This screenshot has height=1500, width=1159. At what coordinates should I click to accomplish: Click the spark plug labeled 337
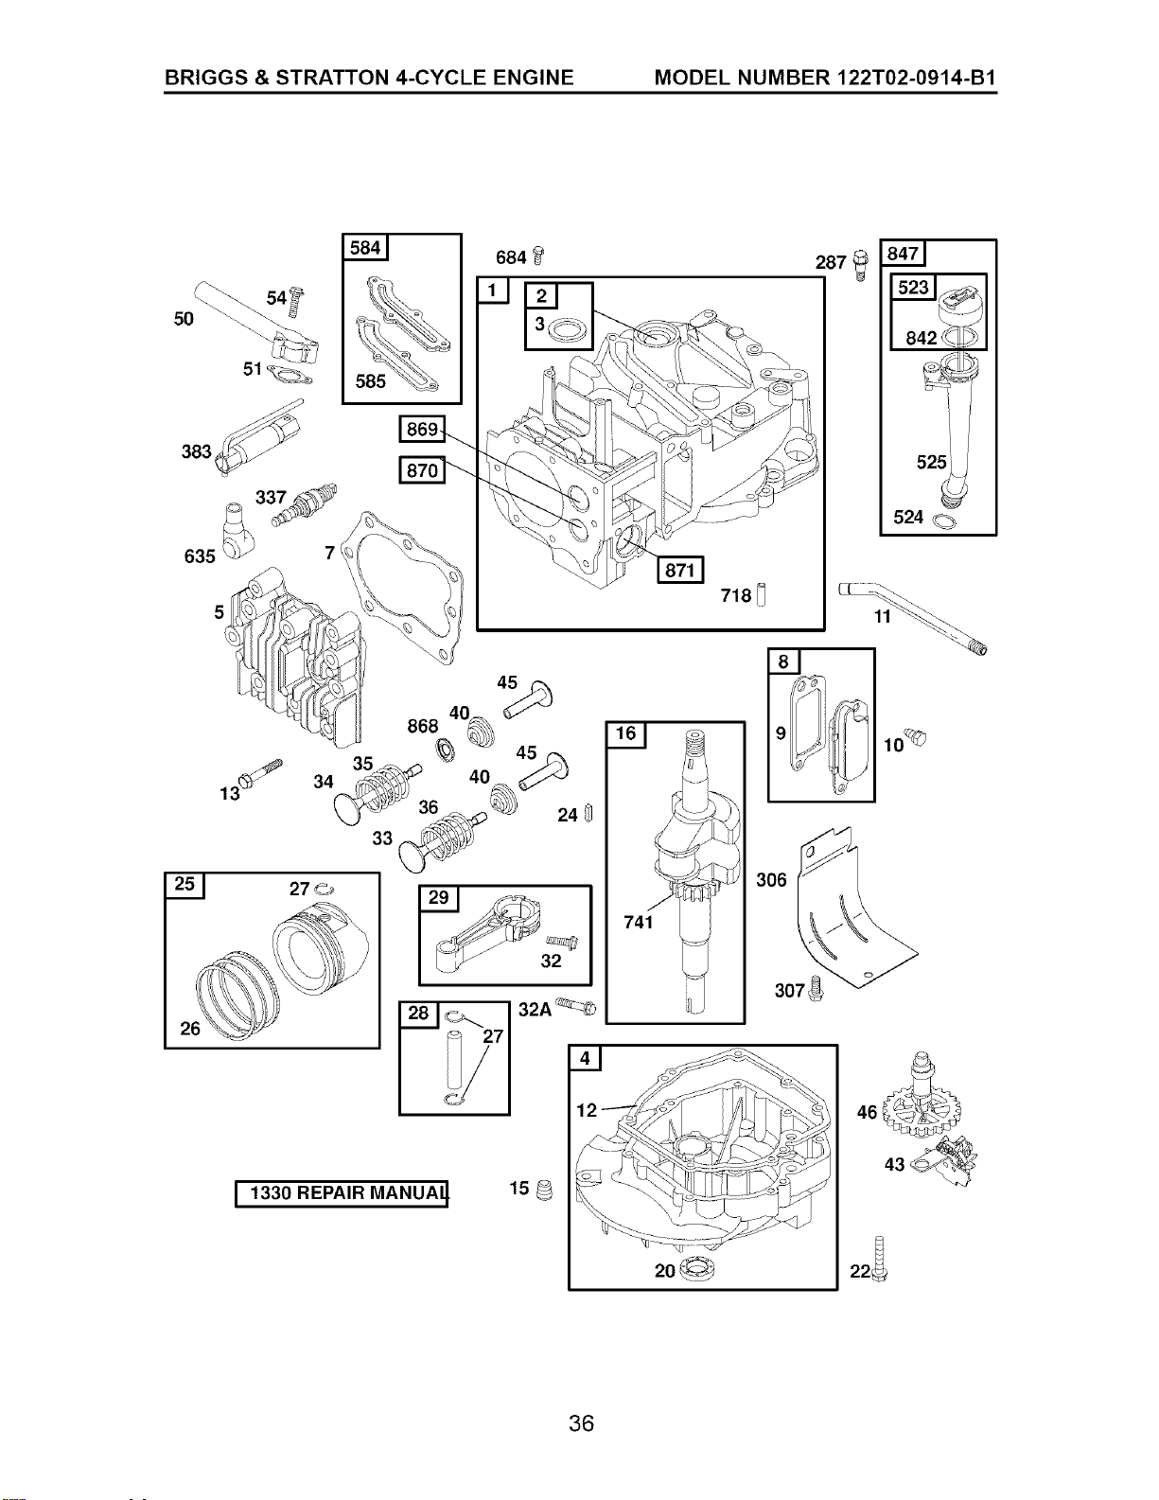305,504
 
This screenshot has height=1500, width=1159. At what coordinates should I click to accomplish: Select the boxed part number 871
679,570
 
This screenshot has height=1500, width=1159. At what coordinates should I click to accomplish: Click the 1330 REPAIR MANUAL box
342,1192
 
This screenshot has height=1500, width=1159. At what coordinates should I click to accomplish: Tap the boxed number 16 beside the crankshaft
625,733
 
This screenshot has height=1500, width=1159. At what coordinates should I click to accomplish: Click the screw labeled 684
538,256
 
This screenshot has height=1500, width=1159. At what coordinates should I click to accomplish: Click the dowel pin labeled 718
761,594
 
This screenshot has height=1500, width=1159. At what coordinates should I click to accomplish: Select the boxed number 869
422,430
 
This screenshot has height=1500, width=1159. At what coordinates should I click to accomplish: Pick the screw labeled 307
815,988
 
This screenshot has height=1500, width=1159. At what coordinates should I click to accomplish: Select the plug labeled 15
544,1190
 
